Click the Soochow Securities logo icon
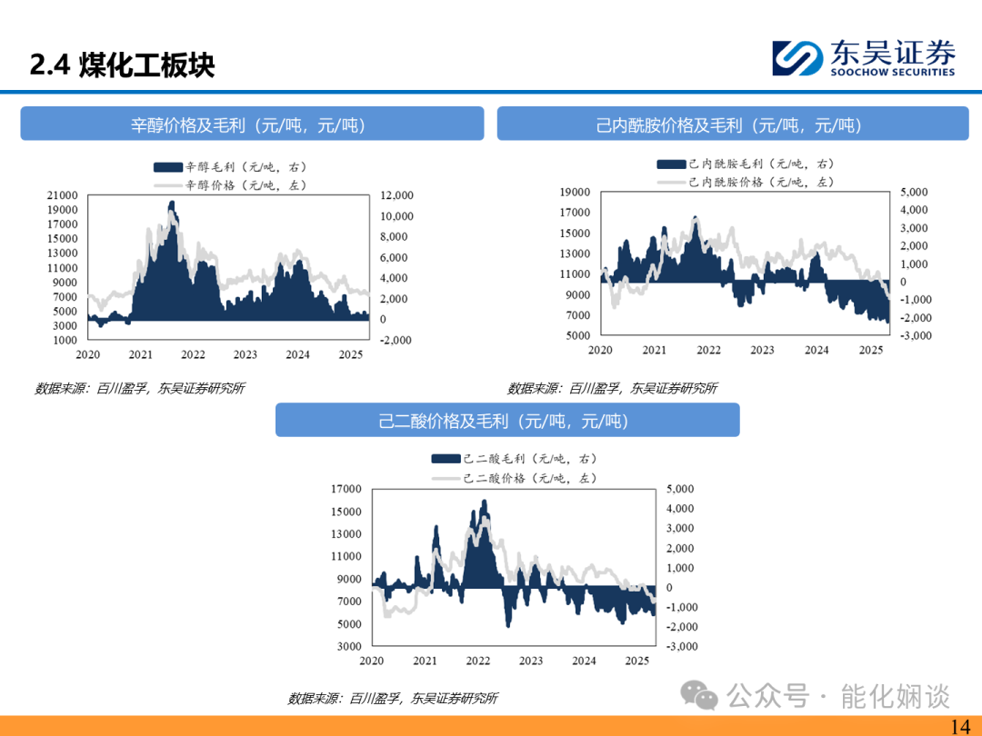pos(797,58)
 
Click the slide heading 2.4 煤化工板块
pos(122,65)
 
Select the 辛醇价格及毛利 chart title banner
pos(252,124)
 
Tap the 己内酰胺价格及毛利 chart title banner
pos(733,124)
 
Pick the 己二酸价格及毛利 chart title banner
pos(507,420)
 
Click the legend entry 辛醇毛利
pos(230,167)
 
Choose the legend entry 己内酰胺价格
pos(746,182)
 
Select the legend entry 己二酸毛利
pos(514,459)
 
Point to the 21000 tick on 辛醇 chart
pos(62,195)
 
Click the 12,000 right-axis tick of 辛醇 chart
pos(397,195)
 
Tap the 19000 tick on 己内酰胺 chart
pos(575,192)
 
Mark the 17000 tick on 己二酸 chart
pos(346,489)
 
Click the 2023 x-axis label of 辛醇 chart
pos(245,355)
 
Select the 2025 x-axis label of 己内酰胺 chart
pos(870,351)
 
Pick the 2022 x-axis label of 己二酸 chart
pos(478,661)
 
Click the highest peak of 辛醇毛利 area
pos(172,202)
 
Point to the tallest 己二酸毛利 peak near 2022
pos(484,501)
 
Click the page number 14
pos(960,727)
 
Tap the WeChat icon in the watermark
pos(699,695)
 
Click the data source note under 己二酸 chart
pos(393,699)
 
